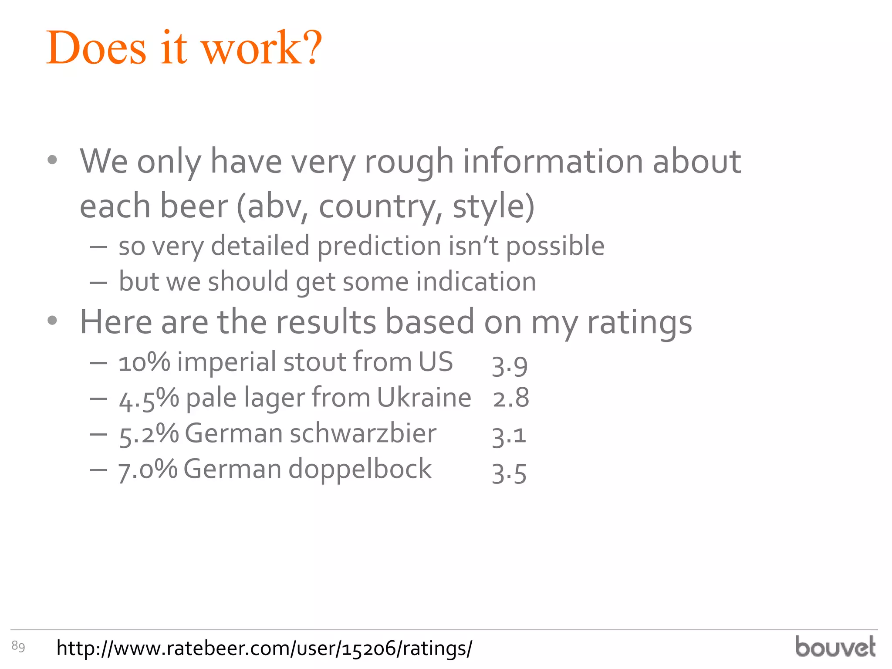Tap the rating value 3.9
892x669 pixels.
point(510,365)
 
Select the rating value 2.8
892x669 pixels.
point(511,398)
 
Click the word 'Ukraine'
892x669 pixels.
point(424,398)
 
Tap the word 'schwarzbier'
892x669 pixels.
point(363,433)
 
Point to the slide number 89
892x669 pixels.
point(18,646)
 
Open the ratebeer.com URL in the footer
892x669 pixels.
point(264,648)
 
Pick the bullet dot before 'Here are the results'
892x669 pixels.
point(52,321)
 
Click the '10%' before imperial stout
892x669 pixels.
point(144,362)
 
